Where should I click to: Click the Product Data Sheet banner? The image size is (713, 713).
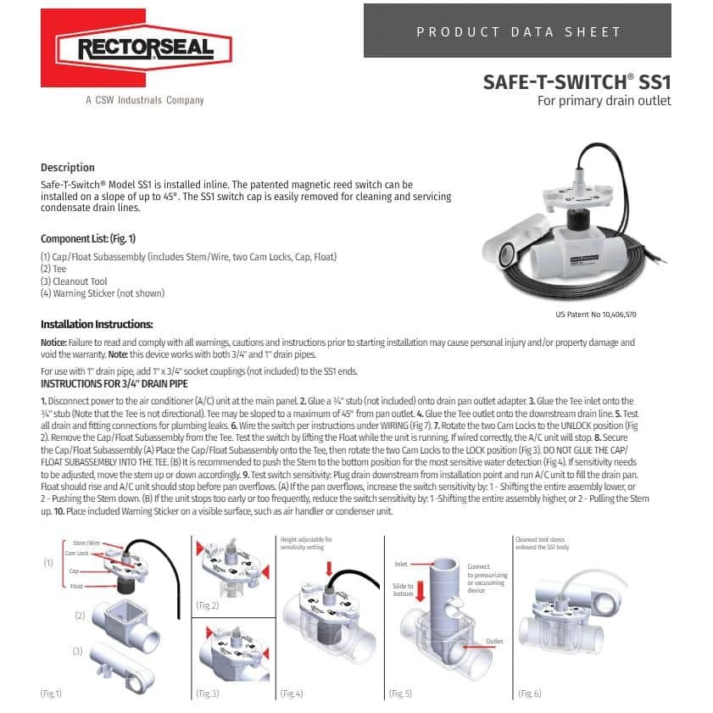(x=517, y=31)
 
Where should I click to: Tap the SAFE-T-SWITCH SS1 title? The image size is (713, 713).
(x=577, y=82)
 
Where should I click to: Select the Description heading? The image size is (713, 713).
(x=68, y=168)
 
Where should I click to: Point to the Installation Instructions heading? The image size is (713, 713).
(x=97, y=325)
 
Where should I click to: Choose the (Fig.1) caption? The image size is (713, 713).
(x=51, y=693)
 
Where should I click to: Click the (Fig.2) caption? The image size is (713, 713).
(x=208, y=605)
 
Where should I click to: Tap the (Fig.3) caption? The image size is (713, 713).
(x=208, y=693)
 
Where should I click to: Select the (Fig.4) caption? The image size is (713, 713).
(x=292, y=693)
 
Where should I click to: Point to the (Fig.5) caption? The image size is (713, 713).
(x=400, y=693)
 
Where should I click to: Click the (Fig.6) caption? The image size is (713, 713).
(x=527, y=693)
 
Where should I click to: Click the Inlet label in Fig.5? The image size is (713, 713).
(x=401, y=563)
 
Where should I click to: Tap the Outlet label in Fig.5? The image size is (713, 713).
(x=494, y=641)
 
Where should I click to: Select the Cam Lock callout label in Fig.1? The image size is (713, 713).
(x=76, y=553)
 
